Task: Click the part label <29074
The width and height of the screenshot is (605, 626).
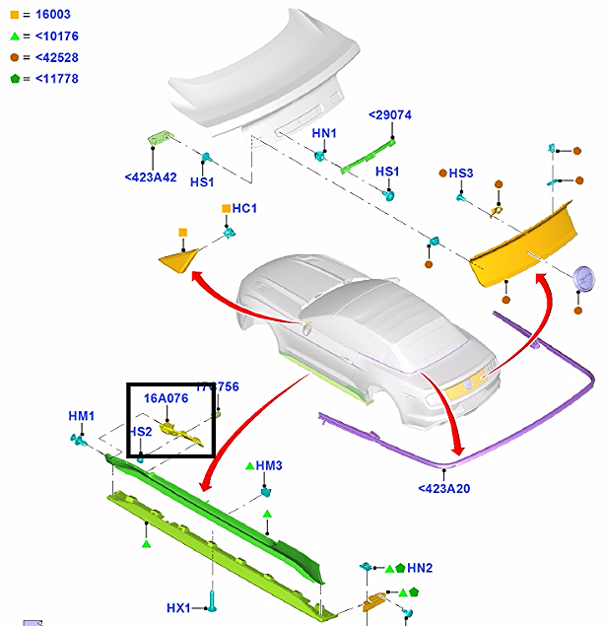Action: (389, 115)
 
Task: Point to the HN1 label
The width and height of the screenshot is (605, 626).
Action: (324, 133)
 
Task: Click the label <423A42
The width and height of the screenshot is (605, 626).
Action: (151, 177)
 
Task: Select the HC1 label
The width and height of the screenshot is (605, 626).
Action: (244, 209)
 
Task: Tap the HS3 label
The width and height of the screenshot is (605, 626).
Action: (461, 174)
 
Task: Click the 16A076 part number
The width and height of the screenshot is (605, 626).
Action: (166, 398)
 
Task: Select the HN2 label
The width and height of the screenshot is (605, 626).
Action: (420, 568)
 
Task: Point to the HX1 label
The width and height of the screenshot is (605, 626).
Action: (179, 607)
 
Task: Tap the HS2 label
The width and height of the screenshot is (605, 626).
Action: (140, 432)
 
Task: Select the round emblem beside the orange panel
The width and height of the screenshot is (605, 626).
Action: (586, 279)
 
